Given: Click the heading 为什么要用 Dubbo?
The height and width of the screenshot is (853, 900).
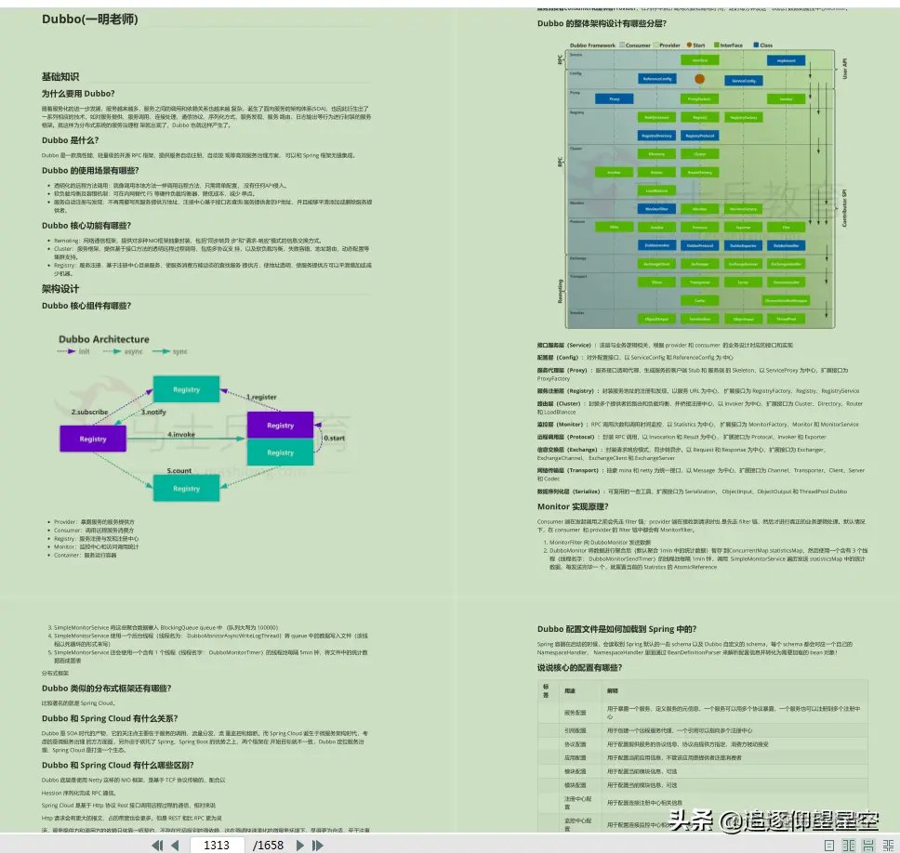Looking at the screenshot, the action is (78, 93).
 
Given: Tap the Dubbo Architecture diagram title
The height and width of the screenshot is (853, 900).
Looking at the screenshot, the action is (103, 339).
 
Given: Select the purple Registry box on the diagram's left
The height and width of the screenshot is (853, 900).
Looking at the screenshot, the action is (93, 439).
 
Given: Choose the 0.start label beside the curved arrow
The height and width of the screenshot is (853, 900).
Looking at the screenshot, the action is (335, 438).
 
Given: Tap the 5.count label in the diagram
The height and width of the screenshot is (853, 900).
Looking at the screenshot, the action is (180, 471).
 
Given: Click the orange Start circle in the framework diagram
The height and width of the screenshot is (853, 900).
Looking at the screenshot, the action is (699, 80).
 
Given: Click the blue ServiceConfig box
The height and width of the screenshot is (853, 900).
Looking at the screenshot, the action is (743, 81).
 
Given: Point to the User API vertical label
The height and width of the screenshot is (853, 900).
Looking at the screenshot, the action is (844, 68).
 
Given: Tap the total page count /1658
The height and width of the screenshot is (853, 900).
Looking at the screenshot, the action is (268, 845).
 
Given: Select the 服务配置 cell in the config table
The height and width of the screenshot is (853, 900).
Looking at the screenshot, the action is (575, 713).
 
